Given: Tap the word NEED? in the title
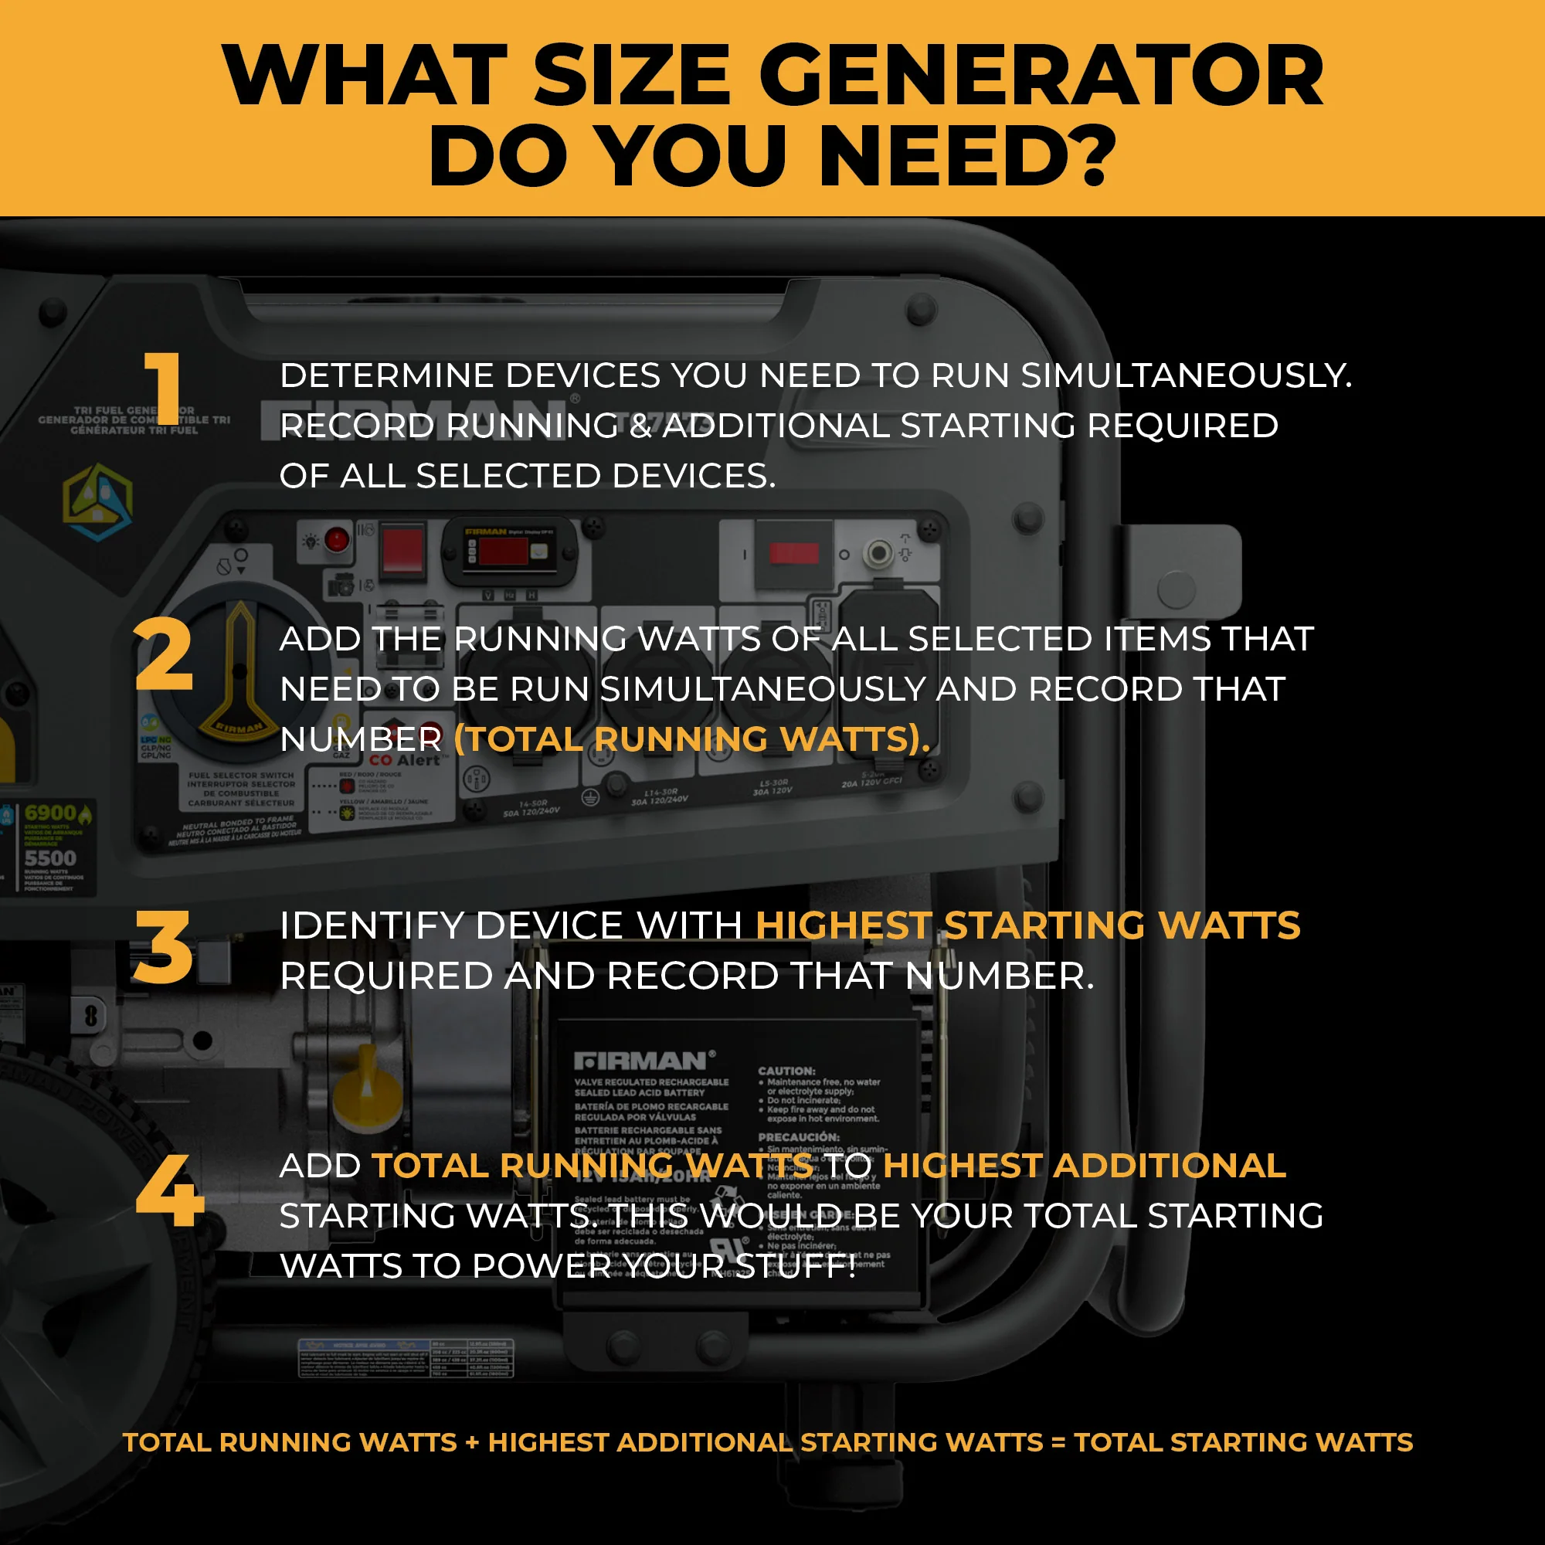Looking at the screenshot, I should point(968,154).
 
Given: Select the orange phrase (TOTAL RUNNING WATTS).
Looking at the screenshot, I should point(691,739).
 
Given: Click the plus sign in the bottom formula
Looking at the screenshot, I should point(472,1441).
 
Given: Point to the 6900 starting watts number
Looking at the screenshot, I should point(50,814).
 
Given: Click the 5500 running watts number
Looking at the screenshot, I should point(50,858).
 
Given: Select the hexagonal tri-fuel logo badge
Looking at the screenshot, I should point(97,501).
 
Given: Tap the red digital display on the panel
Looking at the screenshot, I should point(503,552).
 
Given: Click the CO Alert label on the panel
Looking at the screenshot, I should point(404,759).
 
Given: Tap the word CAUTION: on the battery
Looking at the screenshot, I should point(787,1070).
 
